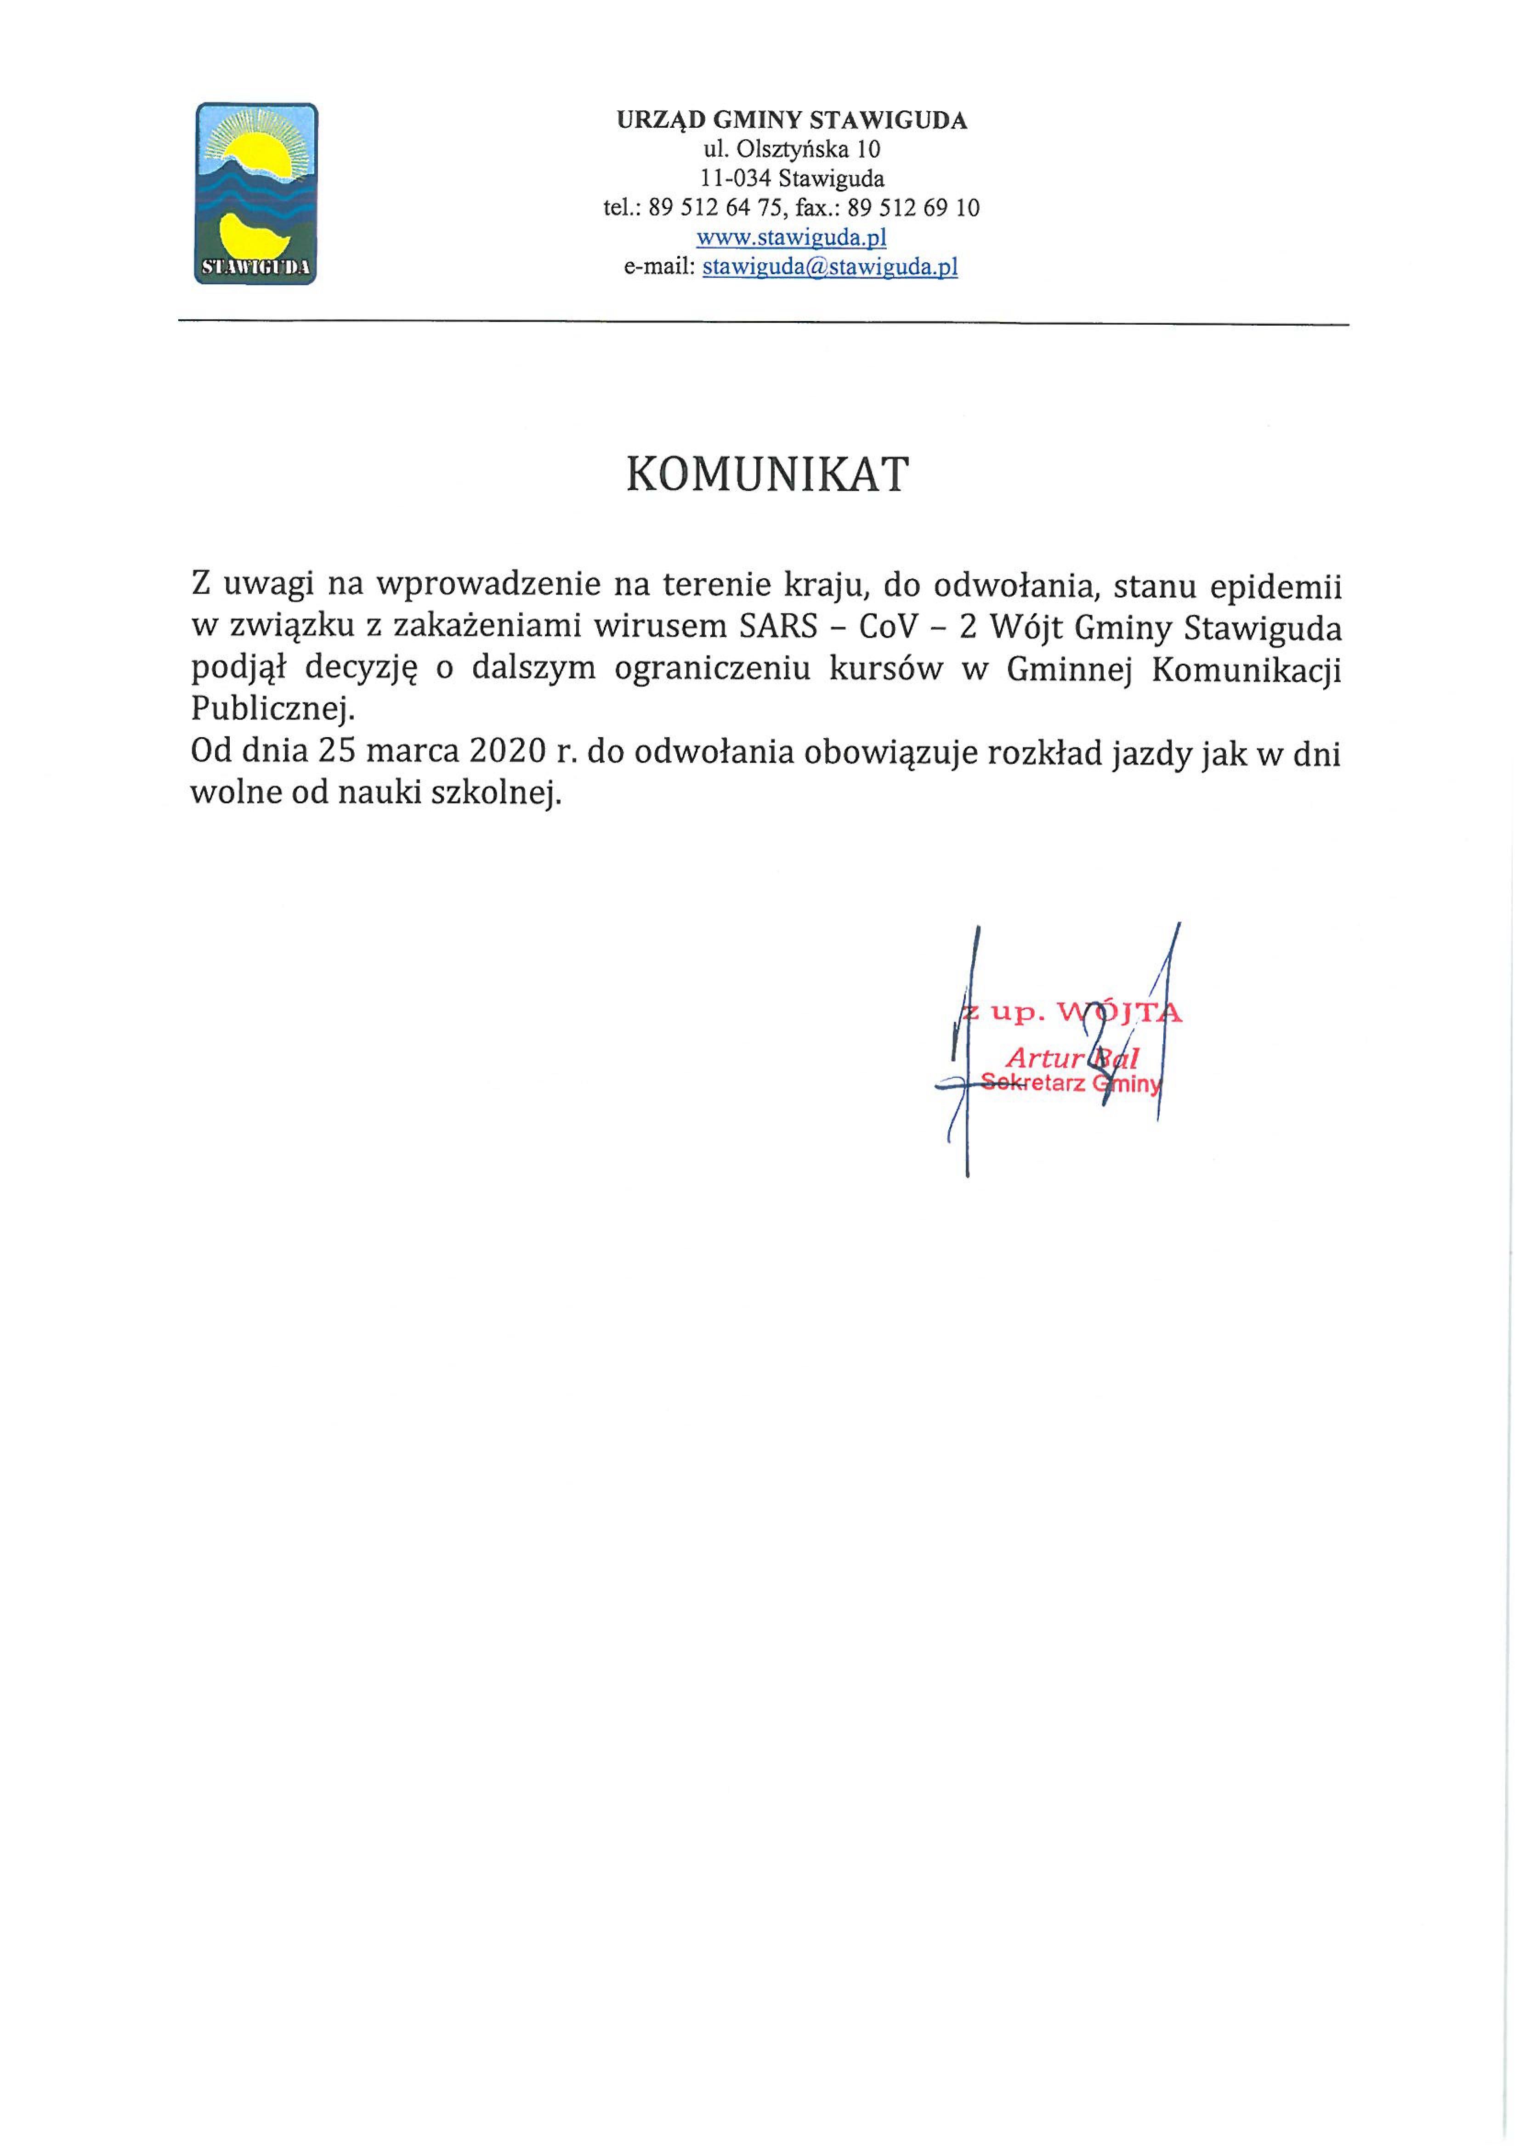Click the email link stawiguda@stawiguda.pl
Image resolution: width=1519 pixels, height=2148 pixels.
pos(829,266)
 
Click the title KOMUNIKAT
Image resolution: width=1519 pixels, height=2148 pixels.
pos(766,475)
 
